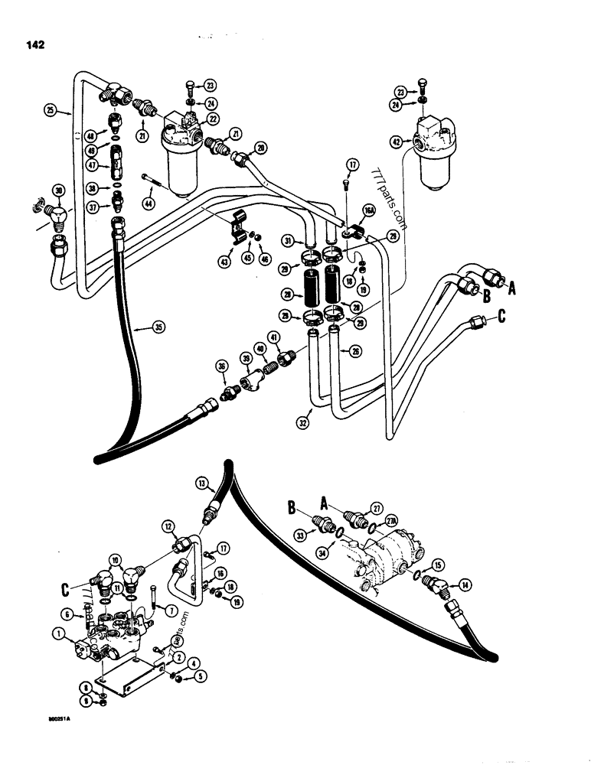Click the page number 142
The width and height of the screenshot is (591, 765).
coord(34,44)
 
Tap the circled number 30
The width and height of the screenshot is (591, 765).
coord(58,190)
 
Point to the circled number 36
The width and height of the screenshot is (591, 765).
coord(223,368)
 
